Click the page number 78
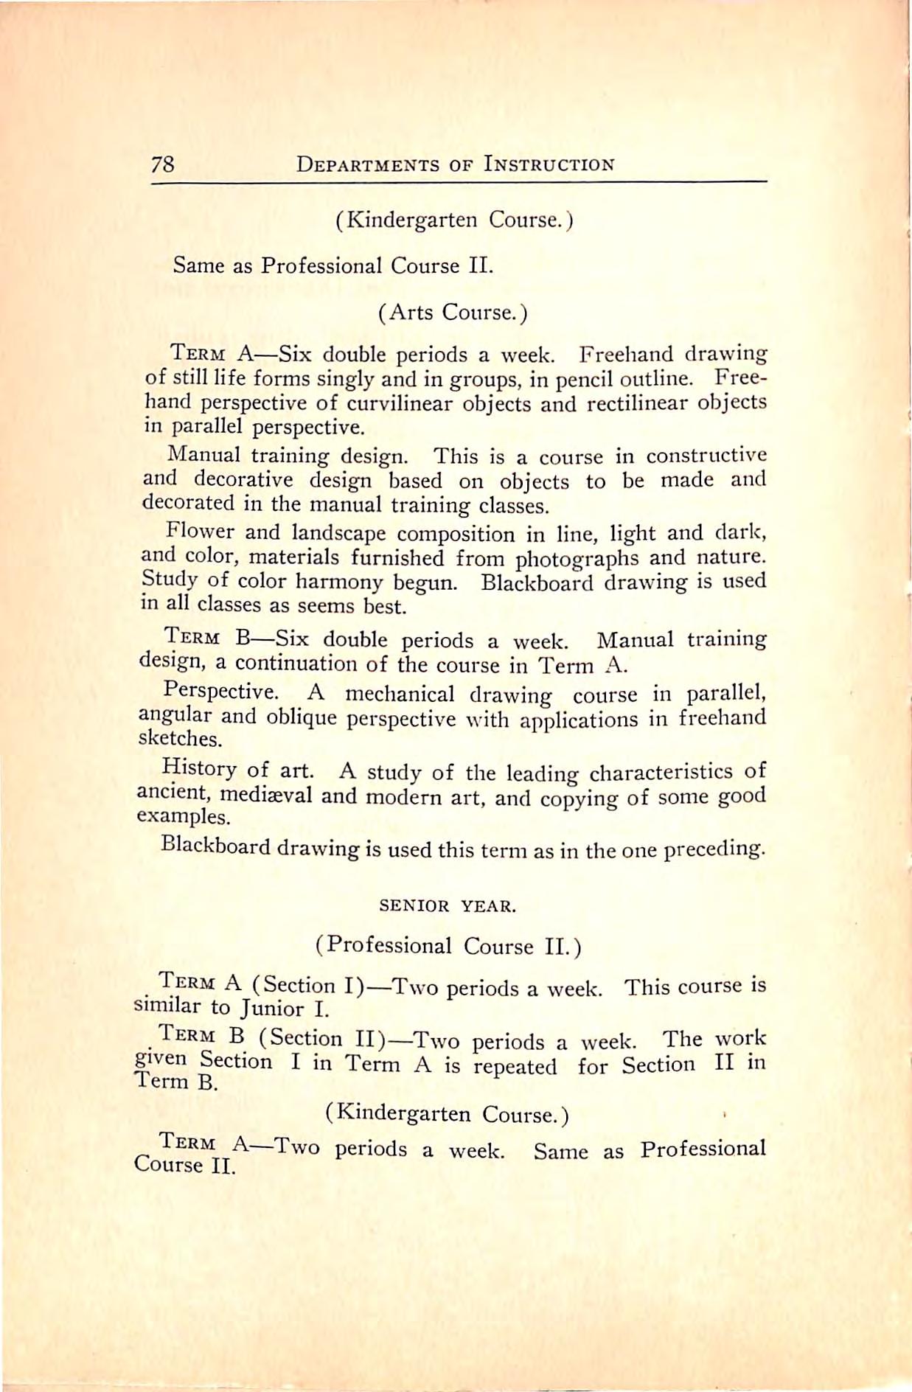click(x=163, y=163)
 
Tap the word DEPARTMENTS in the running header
click(x=367, y=164)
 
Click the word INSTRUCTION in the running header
click(x=549, y=164)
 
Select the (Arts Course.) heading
click(x=453, y=313)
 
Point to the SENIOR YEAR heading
click(x=448, y=906)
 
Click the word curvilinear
click(x=405, y=403)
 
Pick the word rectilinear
click(x=629, y=403)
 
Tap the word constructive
click(x=706, y=455)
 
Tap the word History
click(x=199, y=768)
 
